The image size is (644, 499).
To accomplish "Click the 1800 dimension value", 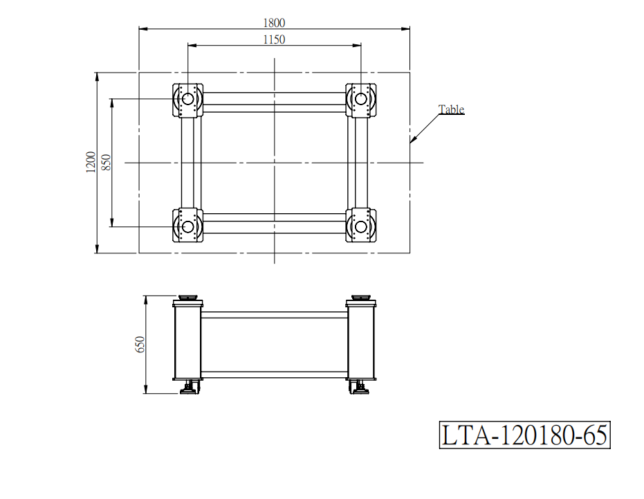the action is (274, 23).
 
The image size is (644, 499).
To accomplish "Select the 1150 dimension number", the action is (274, 39).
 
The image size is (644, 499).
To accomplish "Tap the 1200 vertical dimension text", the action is (91, 163).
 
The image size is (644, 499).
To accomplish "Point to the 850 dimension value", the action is (106, 163).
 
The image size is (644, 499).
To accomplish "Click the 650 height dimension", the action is (140, 345).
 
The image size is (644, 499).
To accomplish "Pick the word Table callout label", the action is (452, 109).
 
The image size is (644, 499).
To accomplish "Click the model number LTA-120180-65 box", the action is (524, 435).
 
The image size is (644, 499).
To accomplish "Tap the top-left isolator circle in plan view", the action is (187, 99).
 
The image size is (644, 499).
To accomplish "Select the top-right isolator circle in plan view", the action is (361, 99).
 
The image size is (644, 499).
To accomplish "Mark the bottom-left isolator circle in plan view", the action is (187, 226).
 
